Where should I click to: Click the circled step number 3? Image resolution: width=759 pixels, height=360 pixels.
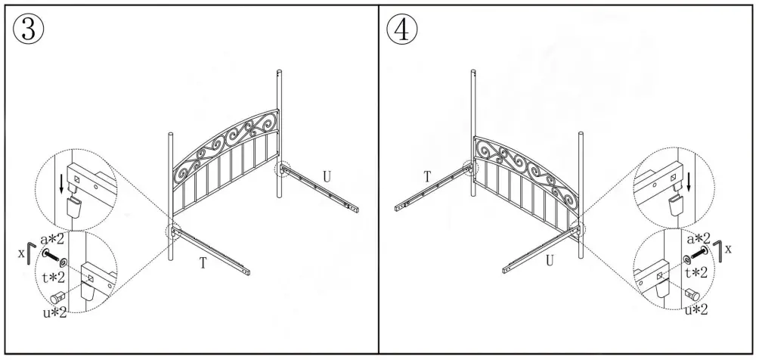28,29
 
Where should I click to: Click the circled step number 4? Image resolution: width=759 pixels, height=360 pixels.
401,29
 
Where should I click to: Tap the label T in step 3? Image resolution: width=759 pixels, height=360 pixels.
203,262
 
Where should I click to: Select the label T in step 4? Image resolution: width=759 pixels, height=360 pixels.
427,176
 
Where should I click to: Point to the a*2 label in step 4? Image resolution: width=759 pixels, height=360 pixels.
699,238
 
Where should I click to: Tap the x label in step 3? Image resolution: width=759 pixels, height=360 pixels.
20,249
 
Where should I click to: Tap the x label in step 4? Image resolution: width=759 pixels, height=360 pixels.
730,248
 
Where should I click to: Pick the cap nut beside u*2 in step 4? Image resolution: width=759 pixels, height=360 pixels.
690,293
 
